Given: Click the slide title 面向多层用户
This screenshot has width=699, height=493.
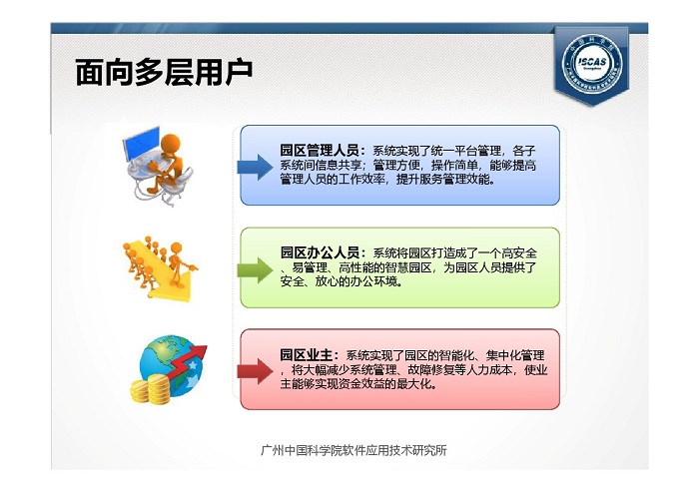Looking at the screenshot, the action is [164, 72].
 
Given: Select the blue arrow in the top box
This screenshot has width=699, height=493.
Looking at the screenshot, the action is [255, 167].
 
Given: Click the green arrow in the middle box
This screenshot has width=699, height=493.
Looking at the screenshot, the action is [255, 269].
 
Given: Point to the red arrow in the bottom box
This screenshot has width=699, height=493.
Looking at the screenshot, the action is [255, 371].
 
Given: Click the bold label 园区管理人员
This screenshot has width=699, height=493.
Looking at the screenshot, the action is [320, 151].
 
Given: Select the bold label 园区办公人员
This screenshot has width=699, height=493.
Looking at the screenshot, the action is [320, 252].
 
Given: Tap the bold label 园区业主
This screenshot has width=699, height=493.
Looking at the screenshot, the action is [307, 355].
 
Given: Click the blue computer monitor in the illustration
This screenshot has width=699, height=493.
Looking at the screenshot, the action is [141, 143].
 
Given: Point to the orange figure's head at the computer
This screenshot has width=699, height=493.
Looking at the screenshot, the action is [171, 145].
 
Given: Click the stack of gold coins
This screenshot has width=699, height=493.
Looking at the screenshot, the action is [151, 389].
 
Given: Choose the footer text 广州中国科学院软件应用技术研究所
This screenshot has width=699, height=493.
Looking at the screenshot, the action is [353, 451].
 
